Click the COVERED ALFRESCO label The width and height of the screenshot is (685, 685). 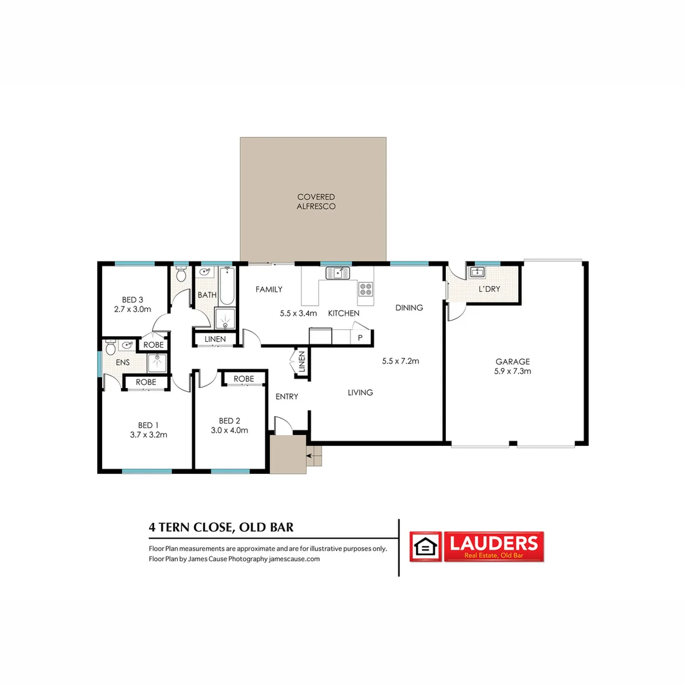coord(316,202)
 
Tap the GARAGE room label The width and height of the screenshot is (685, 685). coord(512,362)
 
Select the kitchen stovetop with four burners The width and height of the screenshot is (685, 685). coord(366,289)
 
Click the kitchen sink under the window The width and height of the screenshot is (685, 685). coord(337,273)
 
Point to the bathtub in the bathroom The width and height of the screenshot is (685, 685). coord(226,285)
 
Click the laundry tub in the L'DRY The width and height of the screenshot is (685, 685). coord(476,272)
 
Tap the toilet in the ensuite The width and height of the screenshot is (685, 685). coord(110,348)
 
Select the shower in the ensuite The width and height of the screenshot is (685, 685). coord(157,363)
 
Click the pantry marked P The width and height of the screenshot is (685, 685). coord(360,337)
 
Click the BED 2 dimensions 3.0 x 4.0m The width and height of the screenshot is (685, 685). coord(230,430)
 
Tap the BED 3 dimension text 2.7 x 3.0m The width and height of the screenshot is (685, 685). coord(133,310)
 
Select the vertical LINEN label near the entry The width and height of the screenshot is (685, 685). coord(301,362)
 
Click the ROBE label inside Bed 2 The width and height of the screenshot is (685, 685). coord(244,379)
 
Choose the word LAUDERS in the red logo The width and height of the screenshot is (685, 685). coord(493,543)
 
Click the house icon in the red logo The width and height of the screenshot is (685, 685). coord(426,547)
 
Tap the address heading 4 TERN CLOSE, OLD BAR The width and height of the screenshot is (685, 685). coord(221,527)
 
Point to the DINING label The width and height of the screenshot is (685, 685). coord(409,308)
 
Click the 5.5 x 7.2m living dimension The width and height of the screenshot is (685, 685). coord(401,361)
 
